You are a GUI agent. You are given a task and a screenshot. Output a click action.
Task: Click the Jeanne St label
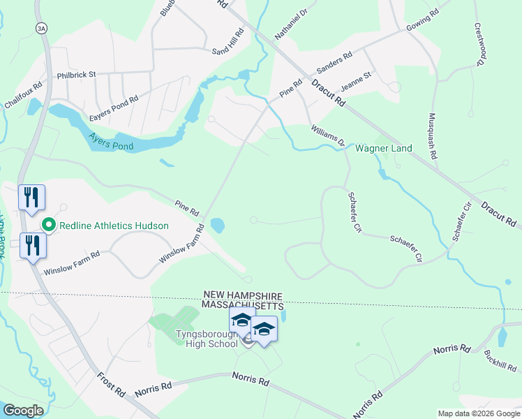[356, 81]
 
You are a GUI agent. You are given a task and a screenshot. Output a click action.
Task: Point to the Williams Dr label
[328, 133]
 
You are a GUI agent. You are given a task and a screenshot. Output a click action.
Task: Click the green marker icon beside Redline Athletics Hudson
[49, 225]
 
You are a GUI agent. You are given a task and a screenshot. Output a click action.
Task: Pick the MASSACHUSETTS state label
[242, 306]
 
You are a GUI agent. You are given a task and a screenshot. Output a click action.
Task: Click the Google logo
[24, 411]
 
